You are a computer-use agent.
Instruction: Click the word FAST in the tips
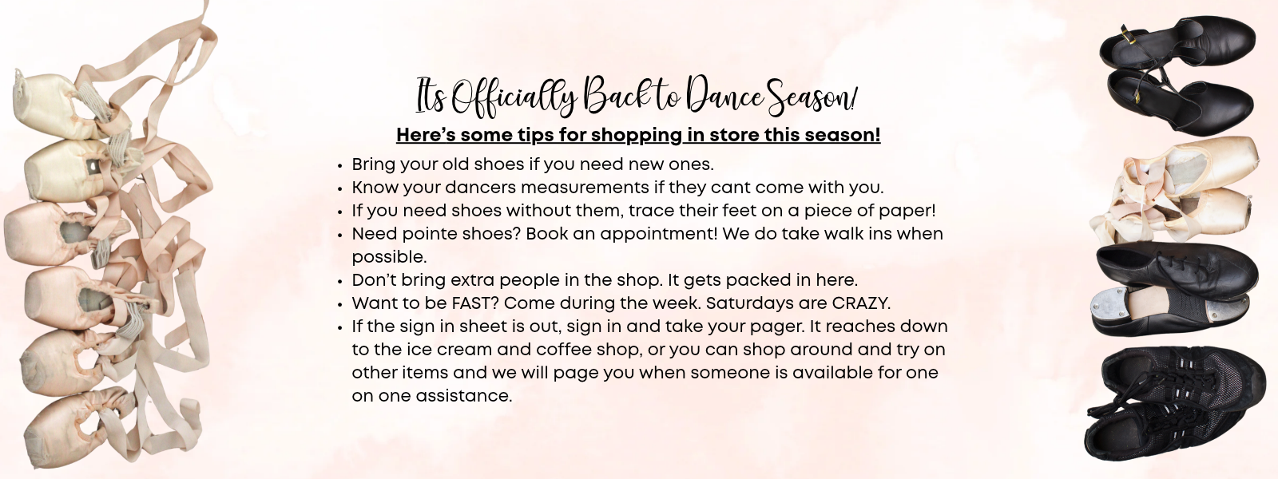474,303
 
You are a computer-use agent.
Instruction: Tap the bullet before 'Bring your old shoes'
339,166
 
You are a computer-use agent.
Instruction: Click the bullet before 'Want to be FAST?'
339,304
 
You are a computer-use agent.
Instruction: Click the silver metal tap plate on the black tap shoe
1109,308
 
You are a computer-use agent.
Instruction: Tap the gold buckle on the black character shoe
1128,35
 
